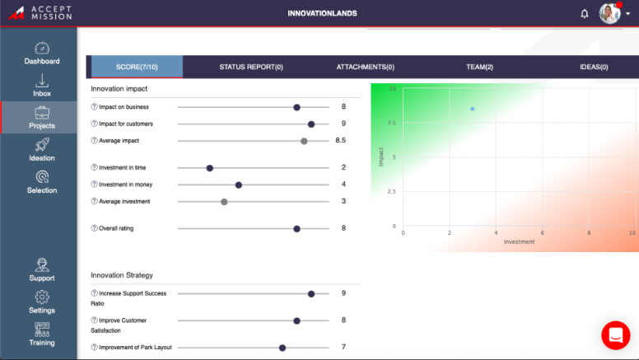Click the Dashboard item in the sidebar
[41, 54]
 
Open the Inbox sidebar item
[41, 86]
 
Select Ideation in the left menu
[41, 150]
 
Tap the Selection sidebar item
[41, 182]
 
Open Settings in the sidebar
[41, 302]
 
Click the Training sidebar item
[41, 334]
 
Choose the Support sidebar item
[41, 269]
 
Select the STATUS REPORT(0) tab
[251, 67]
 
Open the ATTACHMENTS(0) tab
[365, 67]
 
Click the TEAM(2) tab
[479, 67]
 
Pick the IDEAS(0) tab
[593, 67]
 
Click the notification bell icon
[585, 13]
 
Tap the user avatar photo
[609, 13]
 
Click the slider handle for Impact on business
[296, 107]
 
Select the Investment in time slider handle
[209, 168]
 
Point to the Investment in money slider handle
[239, 185]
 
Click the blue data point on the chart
[473, 109]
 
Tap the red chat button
[615, 334]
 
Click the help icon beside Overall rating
[94, 228]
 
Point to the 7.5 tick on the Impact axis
[391, 123]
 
